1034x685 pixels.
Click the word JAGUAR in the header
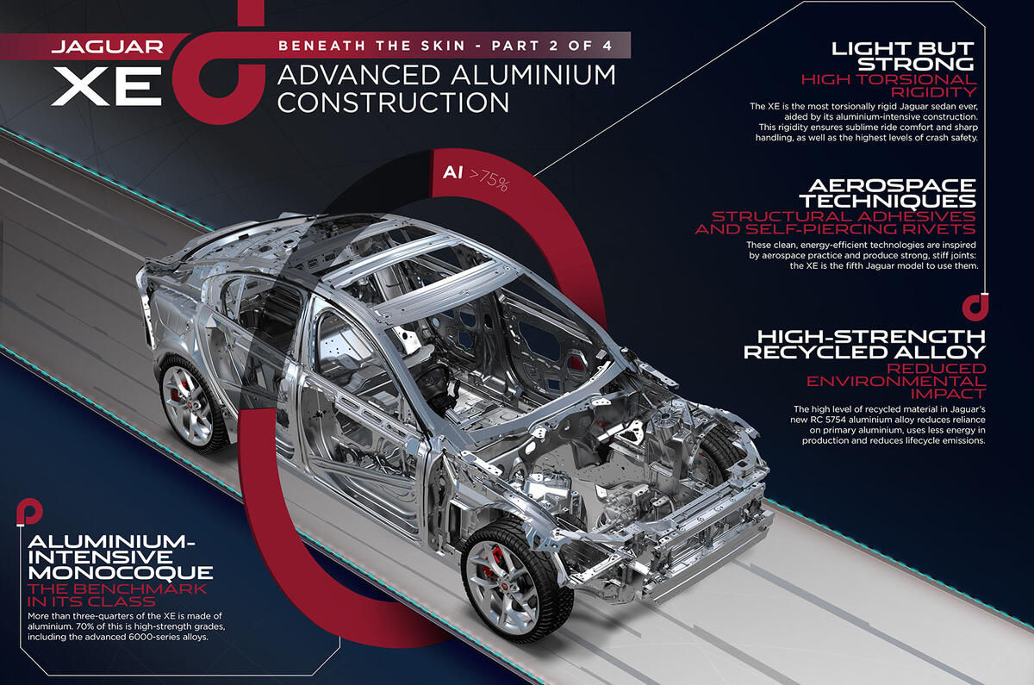pos(108,47)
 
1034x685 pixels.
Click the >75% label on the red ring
pos(489,179)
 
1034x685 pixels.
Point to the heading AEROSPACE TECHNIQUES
pos(888,193)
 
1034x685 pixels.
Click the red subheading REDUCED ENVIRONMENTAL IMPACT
pos(896,381)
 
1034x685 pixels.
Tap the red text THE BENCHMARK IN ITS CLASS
pos(117,595)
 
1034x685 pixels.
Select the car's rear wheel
pos(191,404)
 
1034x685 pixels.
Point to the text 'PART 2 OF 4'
pos(552,46)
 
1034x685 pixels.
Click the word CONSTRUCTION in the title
pos(393,103)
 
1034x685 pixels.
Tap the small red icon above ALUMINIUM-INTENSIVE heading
pos(29,514)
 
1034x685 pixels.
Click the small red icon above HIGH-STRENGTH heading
pos(975,307)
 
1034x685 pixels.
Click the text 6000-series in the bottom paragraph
pos(152,637)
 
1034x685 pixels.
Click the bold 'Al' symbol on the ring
pos(452,172)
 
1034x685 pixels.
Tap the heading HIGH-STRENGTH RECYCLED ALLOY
pos(864,344)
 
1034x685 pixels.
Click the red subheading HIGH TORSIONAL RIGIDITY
pos(889,85)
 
